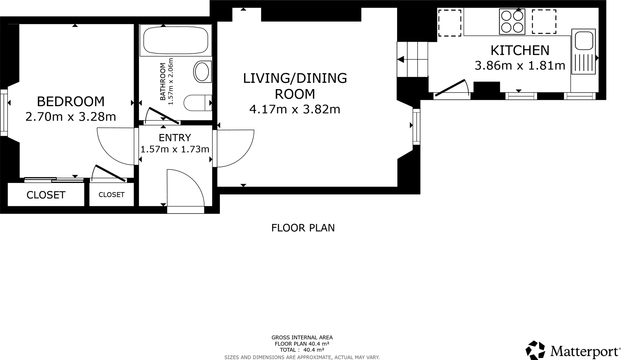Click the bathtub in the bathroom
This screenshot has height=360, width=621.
[x=176, y=40]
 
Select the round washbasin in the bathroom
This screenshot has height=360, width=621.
[x=202, y=72]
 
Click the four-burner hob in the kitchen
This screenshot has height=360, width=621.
[x=512, y=22]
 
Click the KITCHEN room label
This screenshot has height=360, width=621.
[x=520, y=50]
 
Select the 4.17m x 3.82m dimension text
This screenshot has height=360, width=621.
[x=294, y=109]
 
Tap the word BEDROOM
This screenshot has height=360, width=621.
[x=71, y=102]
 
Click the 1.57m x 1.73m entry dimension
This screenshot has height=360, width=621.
[x=175, y=149]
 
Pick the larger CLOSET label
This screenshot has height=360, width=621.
[x=46, y=195]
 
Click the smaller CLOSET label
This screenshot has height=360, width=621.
[x=111, y=195]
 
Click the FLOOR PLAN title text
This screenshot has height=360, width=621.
[x=303, y=228]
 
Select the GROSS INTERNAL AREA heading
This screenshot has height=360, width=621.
[x=302, y=337]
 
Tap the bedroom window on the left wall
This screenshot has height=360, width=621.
[x=4, y=113]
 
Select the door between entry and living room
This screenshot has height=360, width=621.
[x=233, y=148]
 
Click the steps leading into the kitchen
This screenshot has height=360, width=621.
[x=412, y=59]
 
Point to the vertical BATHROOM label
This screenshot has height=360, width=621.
[x=163, y=81]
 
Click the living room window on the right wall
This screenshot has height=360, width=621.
[x=416, y=126]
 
